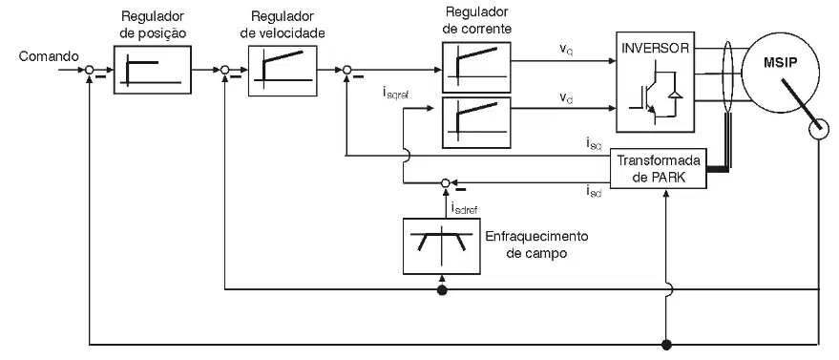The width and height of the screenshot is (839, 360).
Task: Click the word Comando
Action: (50, 56)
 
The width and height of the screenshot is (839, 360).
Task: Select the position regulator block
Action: (153, 70)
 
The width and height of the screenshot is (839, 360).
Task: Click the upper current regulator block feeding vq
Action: (476, 68)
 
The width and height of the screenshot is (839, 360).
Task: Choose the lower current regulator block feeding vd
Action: (476, 122)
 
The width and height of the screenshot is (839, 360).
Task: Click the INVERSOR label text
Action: (656, 48)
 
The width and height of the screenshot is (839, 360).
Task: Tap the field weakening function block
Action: (441, 246)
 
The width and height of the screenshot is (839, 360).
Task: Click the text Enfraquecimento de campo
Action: (536, 244)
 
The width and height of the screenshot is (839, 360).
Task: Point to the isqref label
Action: (396, 95)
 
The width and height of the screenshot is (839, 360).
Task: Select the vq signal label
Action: (566, 49)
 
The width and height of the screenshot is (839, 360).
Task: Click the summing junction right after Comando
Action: (90, 70)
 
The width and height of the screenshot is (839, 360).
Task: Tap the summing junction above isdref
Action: (445, 183)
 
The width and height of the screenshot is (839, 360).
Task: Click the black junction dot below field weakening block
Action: (441, 290)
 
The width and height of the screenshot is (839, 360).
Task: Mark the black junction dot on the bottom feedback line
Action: (666, 345)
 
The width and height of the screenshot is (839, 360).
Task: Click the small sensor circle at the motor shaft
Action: (819, 130)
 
